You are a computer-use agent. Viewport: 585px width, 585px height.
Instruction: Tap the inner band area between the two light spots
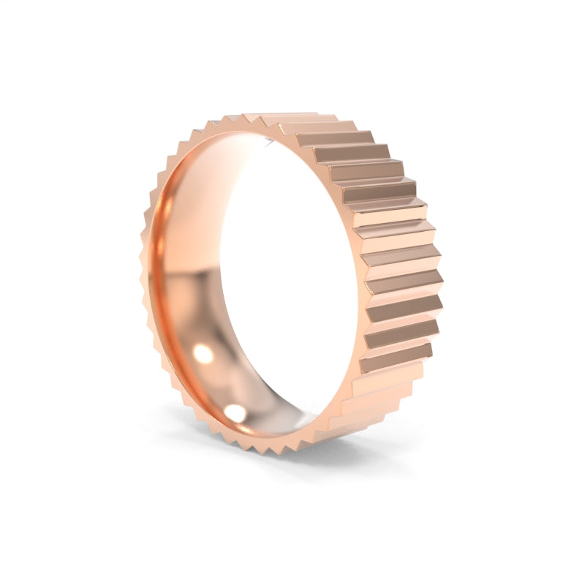click(216, 384)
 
